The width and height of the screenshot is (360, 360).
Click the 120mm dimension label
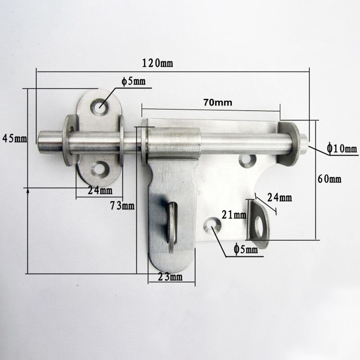(x=157, y=63)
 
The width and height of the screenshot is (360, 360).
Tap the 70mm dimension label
(x=217, y=103)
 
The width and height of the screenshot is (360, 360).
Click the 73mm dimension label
(x=122, y=206)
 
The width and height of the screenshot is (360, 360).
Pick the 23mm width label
(x=170, y=277)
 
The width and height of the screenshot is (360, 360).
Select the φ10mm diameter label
(x=342, y=148)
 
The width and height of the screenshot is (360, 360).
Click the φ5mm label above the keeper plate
(x=133, y=81)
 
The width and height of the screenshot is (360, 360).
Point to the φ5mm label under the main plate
(x=246, y=249)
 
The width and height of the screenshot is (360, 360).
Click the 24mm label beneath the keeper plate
(x=100, y=190)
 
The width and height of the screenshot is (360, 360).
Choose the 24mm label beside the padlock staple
(x=279, y=197)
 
